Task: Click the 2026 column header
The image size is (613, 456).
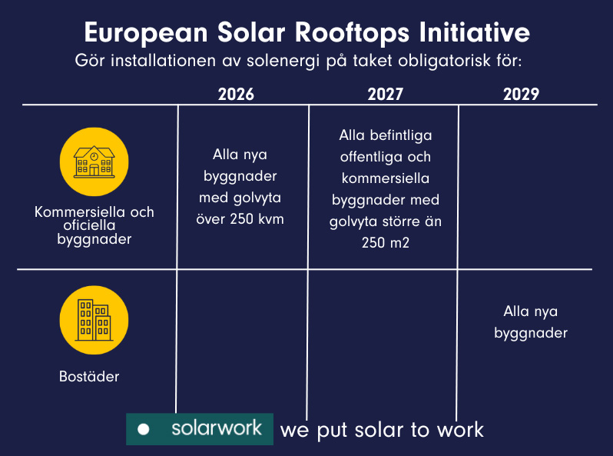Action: coord(236,95)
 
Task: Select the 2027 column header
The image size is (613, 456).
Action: coord(385,95)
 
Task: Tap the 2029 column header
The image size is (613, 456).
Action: coord(521,95)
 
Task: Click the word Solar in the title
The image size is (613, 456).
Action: coord(251,32)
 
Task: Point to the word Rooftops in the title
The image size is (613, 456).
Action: coord(353,33)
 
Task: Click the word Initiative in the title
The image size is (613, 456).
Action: coord(475,32)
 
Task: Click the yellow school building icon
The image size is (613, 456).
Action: coord(94,161)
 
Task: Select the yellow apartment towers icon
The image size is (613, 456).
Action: coord(94,320)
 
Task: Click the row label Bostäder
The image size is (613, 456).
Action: coord(89,377)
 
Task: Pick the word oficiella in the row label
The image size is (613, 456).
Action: coord(89,225)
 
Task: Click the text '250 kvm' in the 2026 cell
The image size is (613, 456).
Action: coord(257,219)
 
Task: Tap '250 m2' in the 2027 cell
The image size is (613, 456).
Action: coord(386,243)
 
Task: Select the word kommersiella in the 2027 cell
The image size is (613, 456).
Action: coord(386,178)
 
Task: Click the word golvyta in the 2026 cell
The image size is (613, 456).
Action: coord(257,198)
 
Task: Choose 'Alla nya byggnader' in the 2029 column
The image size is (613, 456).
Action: coord(531,322)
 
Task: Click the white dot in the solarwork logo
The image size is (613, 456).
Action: coord(144,429)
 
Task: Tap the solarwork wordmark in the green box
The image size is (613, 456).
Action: coord(217,428)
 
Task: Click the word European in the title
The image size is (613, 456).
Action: coord(146,33)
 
